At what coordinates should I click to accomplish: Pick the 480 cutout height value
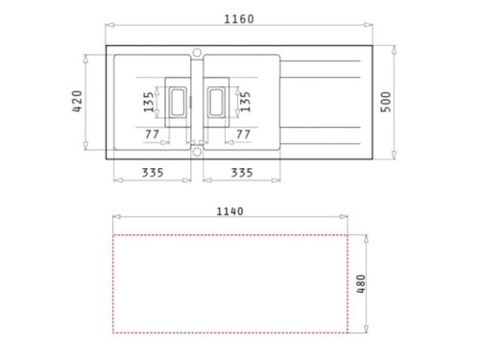point(361,284)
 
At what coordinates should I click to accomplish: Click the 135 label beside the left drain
point(149,101)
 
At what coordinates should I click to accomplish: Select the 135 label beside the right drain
point(245,101)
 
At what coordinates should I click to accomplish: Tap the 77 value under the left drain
point(152,133)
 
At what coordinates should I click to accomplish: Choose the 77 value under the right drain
point(243,133)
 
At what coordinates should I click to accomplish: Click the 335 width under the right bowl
point(242,173)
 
